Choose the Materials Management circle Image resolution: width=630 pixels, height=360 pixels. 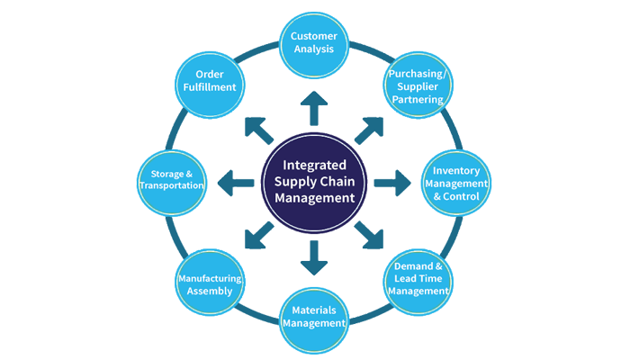tap(313, 317)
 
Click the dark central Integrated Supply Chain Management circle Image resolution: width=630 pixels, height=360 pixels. tap(313, 181)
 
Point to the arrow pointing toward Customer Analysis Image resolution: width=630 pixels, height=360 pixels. tap(313, 110)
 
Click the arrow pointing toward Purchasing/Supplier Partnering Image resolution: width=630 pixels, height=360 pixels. tap(369, 130)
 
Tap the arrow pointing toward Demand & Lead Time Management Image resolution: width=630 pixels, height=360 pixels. tap(369, 236)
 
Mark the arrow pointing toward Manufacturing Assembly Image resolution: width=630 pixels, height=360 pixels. tap(259, 235)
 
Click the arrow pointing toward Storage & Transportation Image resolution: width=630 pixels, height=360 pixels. tap(237, 181)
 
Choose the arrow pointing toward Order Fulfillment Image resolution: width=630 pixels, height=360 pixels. tap(260, 129)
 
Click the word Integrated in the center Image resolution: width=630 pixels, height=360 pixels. tap(313, 165)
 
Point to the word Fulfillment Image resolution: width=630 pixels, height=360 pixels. tap(209, 87)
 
